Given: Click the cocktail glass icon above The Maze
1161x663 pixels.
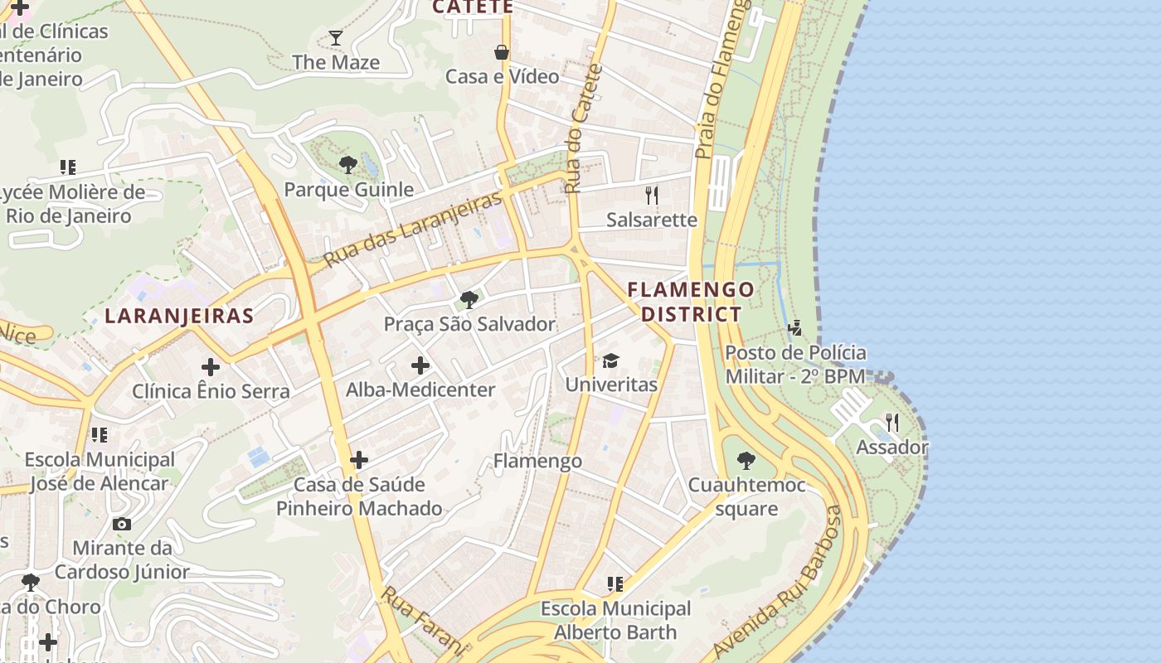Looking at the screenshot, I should [x=335, y=37].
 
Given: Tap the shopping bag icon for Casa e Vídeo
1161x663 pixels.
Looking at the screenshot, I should [x=502, y=52].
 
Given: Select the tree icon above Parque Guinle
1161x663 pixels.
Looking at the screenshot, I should [x=348, y=165].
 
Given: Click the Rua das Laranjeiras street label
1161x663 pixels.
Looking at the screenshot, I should [x=412, y=230].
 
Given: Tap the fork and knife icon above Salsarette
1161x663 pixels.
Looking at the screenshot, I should [x=652, y=196].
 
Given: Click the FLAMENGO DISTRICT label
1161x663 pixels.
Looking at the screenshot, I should [x=691, y=302].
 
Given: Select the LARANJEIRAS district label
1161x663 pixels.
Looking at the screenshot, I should [x=179, y=316].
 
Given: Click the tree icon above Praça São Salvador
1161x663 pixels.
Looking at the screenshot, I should [x=469, y=300].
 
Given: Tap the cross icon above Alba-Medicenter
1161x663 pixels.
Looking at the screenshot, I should [x=420, y=365].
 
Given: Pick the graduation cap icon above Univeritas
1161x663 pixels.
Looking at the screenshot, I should [x=611, y=361].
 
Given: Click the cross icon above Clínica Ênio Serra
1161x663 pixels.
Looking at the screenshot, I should [x=211, y=366].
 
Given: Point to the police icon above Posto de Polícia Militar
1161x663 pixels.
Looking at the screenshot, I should [x=795, y=328].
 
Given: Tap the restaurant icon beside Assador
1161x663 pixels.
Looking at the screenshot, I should [x=892, y=423].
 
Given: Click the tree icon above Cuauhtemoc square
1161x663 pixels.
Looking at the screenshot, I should [x=746, y=461].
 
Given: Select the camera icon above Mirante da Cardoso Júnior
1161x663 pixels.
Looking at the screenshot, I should [x=122, y=524].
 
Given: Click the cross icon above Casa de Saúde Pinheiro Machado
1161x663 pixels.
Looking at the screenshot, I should [x=359, y=460].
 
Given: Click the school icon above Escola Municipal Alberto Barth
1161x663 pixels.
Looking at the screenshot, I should [x=615, y=584].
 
